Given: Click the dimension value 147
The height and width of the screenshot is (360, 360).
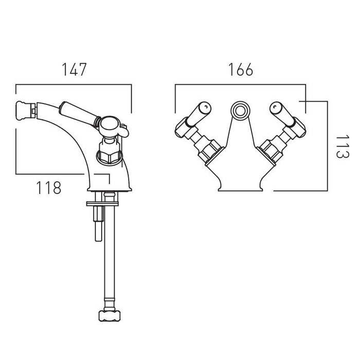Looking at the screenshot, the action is pos(75,69).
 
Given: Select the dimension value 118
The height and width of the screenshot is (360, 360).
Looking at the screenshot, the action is pos(49,188).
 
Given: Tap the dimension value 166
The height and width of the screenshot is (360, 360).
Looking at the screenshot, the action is pos(241,69).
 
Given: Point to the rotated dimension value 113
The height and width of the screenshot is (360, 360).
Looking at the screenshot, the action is pos(343,147).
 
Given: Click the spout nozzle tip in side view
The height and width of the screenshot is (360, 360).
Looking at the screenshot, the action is pos(26,111).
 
